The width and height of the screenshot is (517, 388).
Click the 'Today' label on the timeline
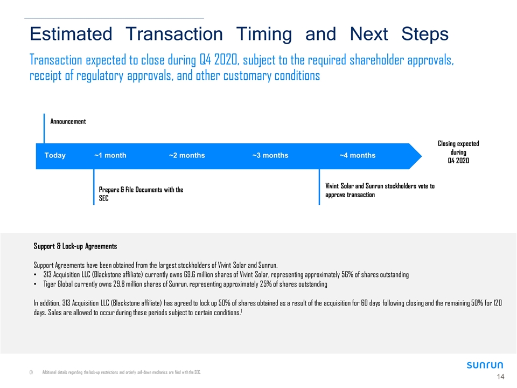55,155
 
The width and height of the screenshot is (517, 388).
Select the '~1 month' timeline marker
110,155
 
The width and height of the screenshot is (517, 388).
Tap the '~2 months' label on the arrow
187,155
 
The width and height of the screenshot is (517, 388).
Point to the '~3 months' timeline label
270,155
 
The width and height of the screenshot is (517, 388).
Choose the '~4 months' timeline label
358,155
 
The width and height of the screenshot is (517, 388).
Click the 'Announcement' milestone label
68,121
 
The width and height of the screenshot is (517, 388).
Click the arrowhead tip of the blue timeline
422,156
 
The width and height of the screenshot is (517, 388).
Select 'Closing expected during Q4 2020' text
458,152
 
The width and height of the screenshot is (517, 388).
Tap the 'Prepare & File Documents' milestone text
141,193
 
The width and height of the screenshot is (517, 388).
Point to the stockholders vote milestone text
380,190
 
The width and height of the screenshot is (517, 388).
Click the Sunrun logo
485,365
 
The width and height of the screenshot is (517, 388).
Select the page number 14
500,377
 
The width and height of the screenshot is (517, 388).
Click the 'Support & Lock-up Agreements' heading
75,246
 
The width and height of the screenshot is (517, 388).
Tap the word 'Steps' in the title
425,34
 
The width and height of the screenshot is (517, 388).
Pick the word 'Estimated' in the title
71,34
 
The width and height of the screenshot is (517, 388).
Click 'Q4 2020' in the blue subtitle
219,60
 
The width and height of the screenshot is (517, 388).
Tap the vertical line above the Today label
44,129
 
